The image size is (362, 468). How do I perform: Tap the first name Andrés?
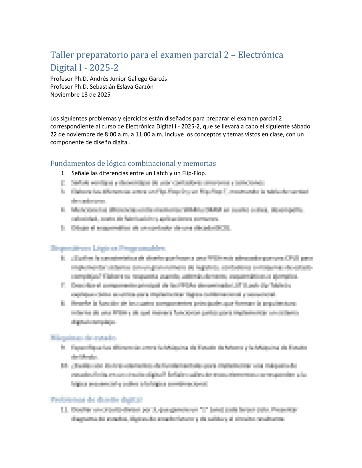(x=100, y=79)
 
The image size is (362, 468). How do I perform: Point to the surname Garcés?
(x=157, y=79)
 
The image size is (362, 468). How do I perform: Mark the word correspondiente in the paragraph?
(x=69, y=126)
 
